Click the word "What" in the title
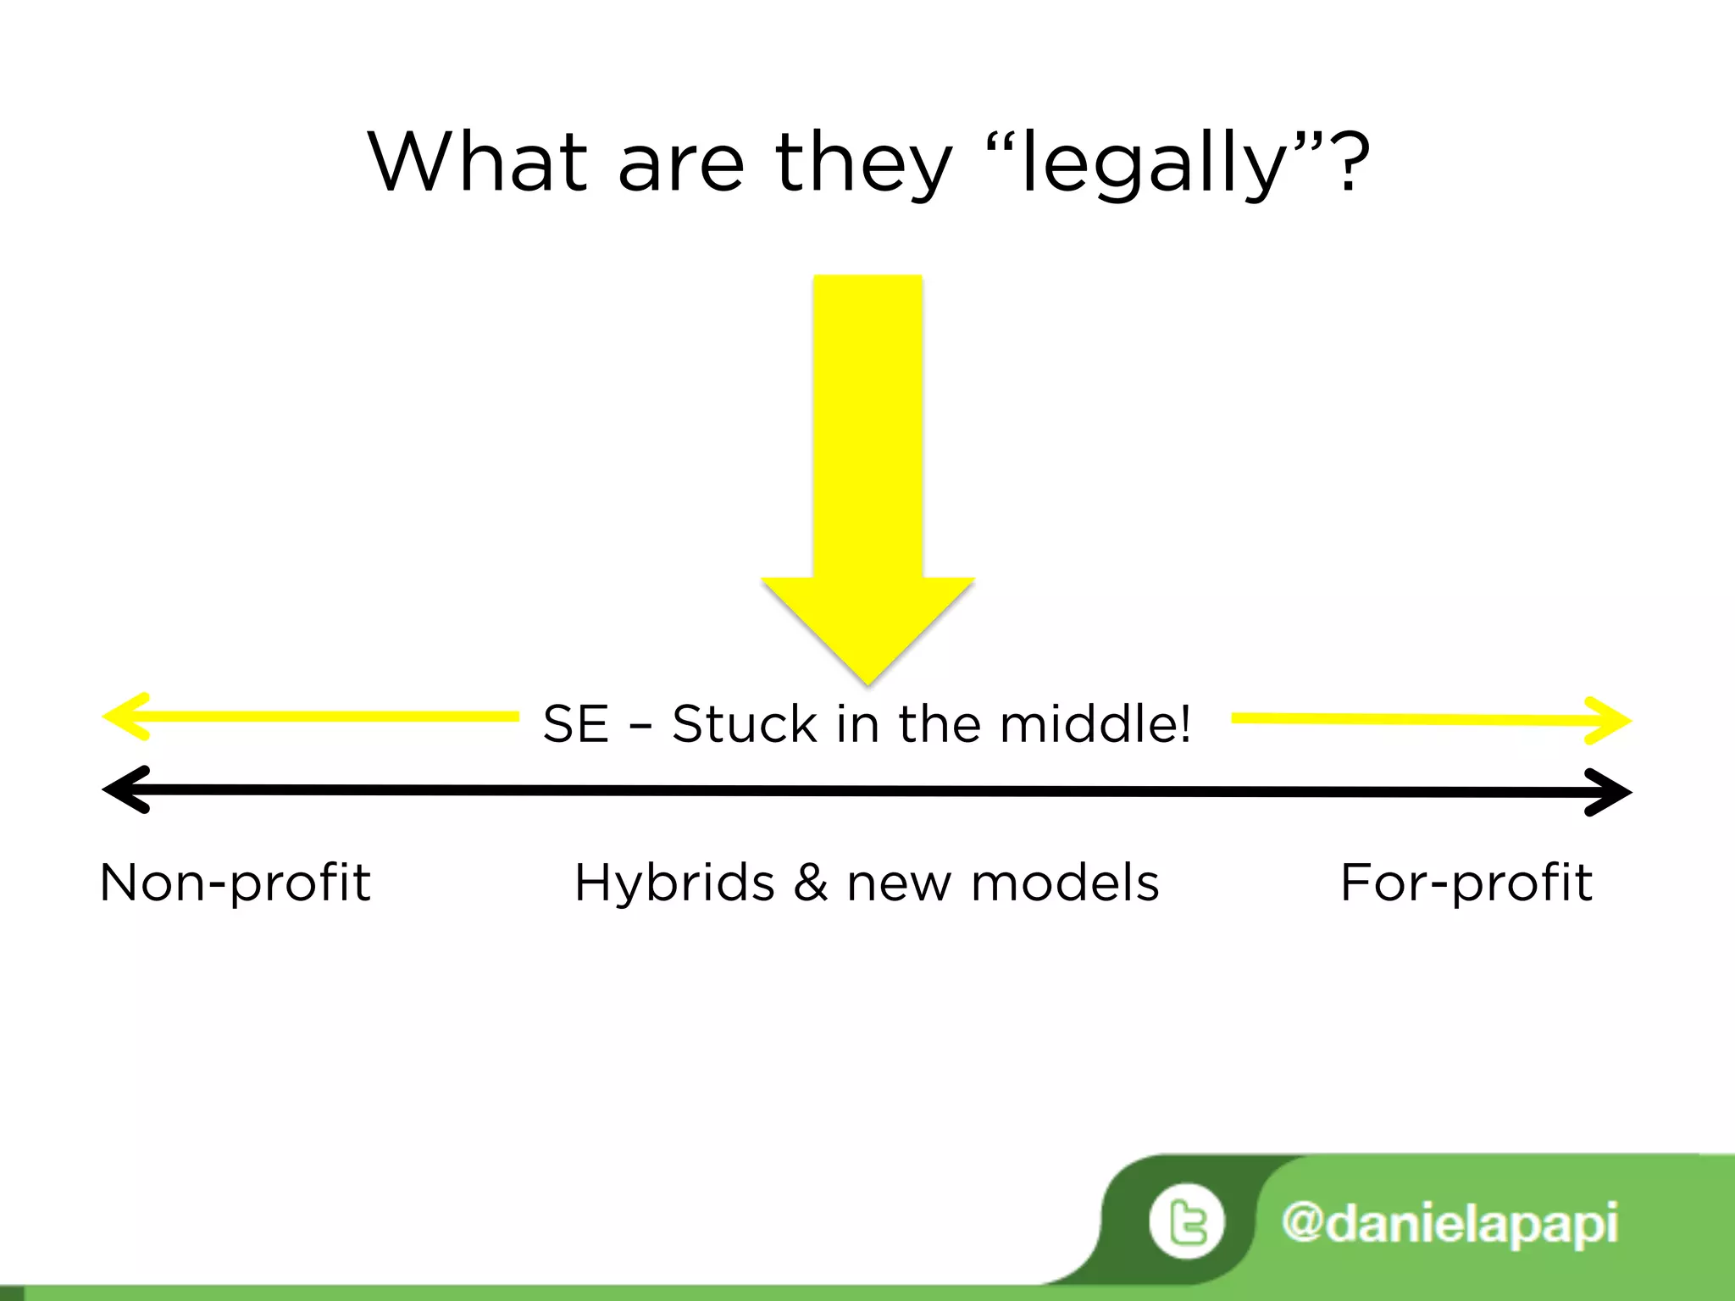coord(477,163)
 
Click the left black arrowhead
coord(125,789)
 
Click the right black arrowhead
coord(1609,793)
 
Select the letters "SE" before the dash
coord(575,724)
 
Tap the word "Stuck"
coord(744,724)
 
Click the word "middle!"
coord(1095,724)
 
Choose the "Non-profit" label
coord(235,883)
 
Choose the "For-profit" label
coord(1466,883)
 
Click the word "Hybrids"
coord(674,883)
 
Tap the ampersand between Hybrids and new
coord(810,883)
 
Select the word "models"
coord(1065,883)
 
